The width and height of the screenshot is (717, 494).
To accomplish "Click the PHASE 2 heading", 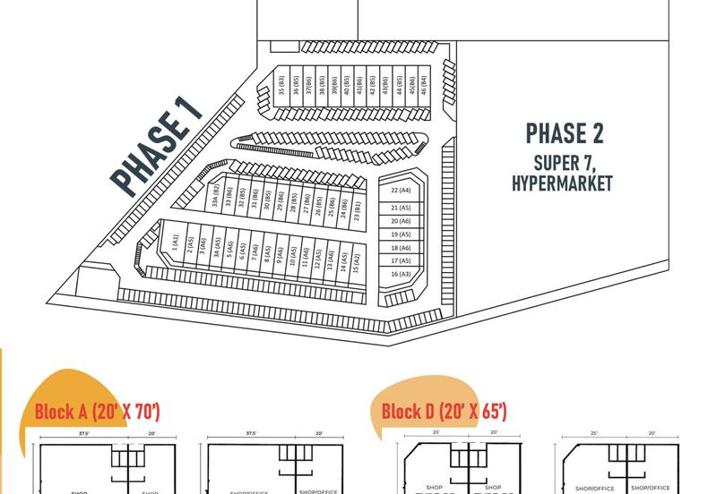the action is pos(564,133).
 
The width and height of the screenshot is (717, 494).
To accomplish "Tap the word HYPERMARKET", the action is pos(562,183).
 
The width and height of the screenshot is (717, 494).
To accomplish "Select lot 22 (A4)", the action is pos(401,191).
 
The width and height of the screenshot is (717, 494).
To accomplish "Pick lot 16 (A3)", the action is pos(401,274).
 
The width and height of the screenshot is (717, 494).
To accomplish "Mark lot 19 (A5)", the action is pos(401,234).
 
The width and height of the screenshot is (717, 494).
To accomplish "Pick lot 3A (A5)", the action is pos(216,250).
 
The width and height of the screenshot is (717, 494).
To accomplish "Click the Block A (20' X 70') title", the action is pos(97,412).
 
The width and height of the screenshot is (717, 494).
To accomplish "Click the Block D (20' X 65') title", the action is pos(444,412).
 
